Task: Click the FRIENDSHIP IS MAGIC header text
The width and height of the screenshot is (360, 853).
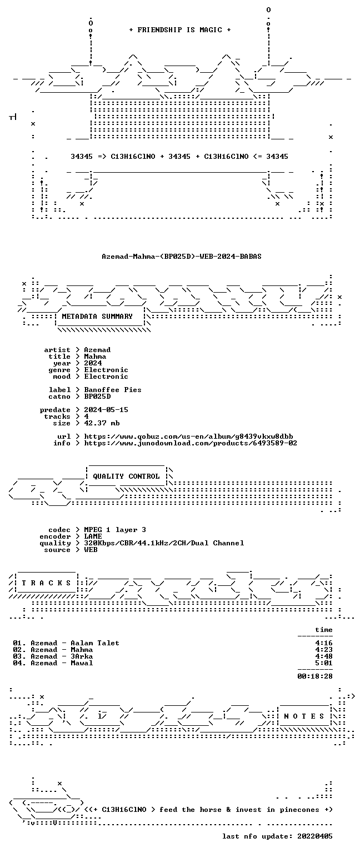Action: click(x=180, y=29)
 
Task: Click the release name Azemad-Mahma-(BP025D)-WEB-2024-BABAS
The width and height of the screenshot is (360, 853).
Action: click(x=181, y=256)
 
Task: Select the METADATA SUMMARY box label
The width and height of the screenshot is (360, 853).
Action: click(x=97, y=316)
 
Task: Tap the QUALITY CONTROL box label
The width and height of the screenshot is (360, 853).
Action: click(x=126, y=476)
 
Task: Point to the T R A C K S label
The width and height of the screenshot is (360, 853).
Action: click(x=46, y=583)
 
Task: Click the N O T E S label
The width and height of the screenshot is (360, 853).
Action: click(x=304, y=716)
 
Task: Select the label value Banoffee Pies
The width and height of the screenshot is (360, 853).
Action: click(x=113, y=389)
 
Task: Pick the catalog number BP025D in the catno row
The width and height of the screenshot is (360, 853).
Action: click(x=98, y=397)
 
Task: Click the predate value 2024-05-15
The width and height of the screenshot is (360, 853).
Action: click(x=106, y=410)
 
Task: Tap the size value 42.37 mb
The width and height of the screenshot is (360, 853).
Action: click(x=102, y=423)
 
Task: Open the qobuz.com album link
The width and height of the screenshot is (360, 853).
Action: click(x=188, y=436)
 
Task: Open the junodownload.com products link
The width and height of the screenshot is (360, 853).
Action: click(x=191, y=443)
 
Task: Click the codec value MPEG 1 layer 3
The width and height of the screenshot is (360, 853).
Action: click(x=115, y=530)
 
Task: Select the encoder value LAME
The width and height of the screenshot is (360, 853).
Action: click(x=93, y=536)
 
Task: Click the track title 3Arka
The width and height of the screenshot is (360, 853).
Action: click(x=82, y=656)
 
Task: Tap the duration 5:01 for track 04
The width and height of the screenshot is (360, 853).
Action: click(x=324, y=663)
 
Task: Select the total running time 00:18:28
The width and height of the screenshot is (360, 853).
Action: click(x=315, y=676)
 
